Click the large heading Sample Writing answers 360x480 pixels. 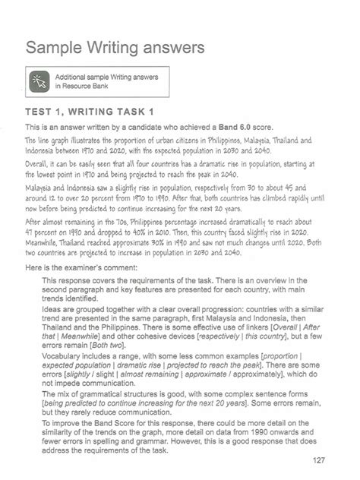(x=115, y=49)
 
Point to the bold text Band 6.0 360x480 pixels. (x=226, y=126)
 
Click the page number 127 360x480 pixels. (x=319, y=460)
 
